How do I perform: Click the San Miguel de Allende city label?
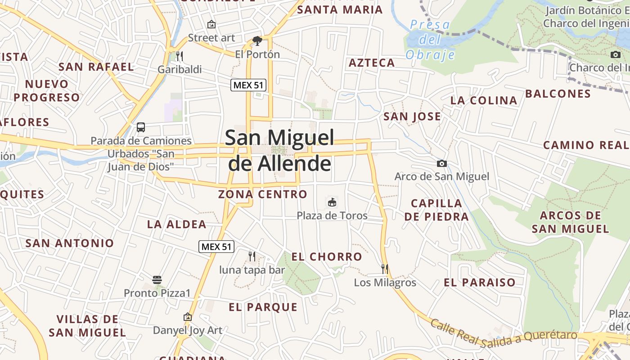click(279, 150)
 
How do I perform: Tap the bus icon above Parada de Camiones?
click(141, 127)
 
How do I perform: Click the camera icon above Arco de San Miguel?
click(442, 163)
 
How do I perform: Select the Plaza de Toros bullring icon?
click(332, 202)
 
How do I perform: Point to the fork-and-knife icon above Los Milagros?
click(385, 269)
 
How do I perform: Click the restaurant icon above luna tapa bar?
click(252, 256)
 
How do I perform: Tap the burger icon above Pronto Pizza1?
click(157, 280)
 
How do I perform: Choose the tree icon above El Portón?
click(257, 41)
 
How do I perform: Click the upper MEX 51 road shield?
click(248, 85)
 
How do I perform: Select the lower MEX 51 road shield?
click(216, 246)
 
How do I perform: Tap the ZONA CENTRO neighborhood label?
click(263, 194)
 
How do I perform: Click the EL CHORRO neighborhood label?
click(327, 257)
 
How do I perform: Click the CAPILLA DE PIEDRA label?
click(436, 210)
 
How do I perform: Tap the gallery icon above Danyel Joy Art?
click(188, 317)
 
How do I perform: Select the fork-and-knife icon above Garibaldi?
click(180, 56)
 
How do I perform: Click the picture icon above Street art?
click(211, 24)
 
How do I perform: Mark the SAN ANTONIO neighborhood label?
click(70, 243)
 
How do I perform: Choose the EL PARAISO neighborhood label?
click(480, 283)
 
